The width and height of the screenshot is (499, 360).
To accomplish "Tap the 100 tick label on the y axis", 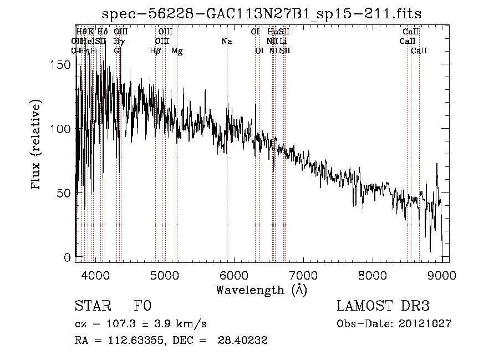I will (64, 129).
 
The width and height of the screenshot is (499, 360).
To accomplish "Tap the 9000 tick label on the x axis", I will (441, 275).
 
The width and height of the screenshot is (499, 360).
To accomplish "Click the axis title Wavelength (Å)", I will (261, 290).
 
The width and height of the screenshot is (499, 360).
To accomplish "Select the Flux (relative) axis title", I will (37, 145).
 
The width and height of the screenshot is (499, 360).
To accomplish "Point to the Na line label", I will (226, 41).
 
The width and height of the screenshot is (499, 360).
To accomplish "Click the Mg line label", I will (177, 51).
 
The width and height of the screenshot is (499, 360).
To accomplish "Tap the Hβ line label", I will (155, 51).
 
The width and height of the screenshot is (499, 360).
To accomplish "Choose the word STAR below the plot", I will (92, 306).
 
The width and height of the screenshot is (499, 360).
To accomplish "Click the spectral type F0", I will (142, 306).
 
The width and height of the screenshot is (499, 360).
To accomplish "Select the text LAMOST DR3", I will (383, 306).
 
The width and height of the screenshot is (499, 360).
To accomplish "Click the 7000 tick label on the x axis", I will (303, 275).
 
